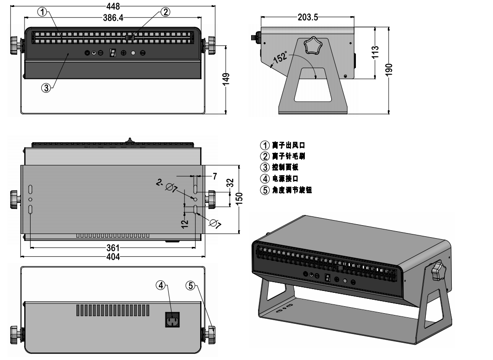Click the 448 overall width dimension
click(113, 6)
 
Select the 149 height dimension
click(226, 79)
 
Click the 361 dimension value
click(113, 247)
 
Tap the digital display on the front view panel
click(112, 53)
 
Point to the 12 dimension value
click(185, 224)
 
